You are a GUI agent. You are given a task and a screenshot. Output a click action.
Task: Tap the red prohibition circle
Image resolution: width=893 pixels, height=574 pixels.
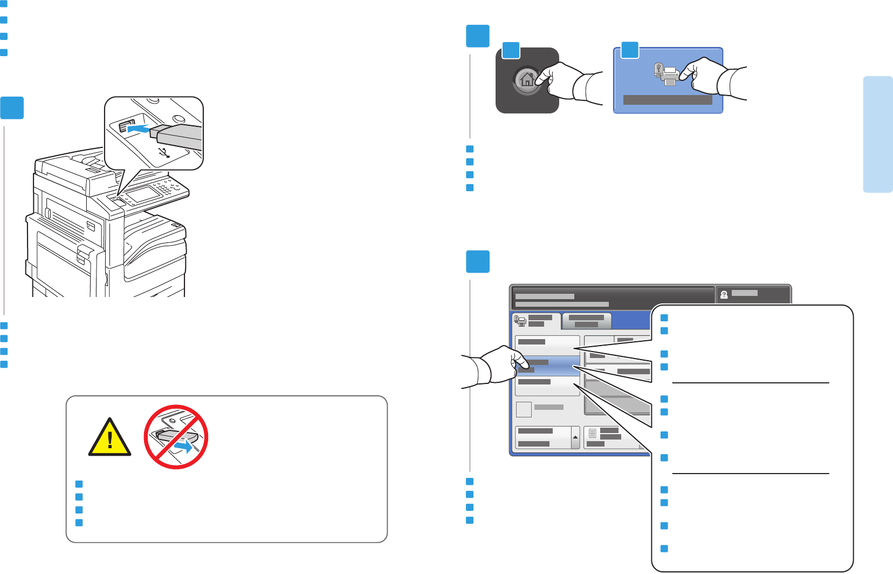(x=176, y=436)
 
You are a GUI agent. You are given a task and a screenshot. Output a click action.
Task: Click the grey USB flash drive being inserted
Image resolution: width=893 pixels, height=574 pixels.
(x=176, y=136)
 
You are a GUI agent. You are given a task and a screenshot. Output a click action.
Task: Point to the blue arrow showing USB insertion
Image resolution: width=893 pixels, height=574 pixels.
(x=138, y=129)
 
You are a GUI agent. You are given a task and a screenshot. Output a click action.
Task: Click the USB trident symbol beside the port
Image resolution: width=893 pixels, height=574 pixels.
(x=165, y=152)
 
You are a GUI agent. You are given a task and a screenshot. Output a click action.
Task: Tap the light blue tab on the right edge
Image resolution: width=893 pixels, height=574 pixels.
(x=877, y=134)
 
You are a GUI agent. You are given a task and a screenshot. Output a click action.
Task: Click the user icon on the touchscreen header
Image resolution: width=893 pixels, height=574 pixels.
(x=724, y=295)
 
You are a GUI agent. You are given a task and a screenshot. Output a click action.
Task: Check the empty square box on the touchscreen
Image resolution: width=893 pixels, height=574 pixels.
(x=524, y=409)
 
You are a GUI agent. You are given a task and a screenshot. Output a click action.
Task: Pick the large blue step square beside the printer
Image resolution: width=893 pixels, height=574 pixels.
(x=12, y=108)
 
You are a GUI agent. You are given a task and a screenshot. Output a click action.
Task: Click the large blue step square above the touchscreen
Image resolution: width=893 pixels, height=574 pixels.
(x=478, y=261)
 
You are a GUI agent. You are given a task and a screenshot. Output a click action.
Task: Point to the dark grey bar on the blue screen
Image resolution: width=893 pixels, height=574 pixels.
(x=668, y=100)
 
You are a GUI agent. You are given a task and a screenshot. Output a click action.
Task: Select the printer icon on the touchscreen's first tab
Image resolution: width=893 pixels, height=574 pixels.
(x=520, y=321)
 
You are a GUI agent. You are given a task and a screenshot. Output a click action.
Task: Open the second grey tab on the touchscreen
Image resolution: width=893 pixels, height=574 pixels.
(x=586, y=321)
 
